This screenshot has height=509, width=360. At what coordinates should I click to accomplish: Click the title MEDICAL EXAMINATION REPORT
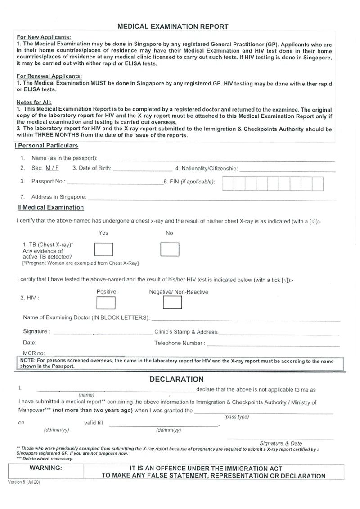(x=173, y=27)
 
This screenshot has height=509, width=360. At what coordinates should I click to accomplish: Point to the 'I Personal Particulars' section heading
(x=46, y=146)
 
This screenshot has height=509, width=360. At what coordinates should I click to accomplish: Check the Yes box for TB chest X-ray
(x=103, y=249)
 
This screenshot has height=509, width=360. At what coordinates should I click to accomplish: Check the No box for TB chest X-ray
(x=170, y=249)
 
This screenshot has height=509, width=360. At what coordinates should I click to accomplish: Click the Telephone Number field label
(x=180, y=343)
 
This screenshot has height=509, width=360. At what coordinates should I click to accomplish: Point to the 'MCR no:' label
(x=32, y=353)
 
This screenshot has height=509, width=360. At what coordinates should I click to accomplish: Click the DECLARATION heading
(x=176, y=379)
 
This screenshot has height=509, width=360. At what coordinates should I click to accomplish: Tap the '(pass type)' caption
(x=236, y=417)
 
